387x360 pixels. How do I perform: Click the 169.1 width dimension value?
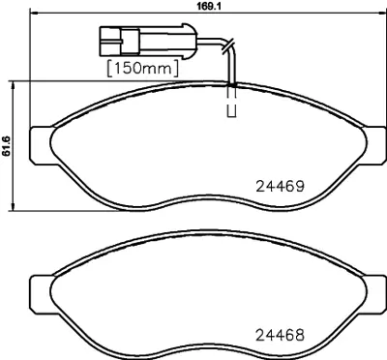(194, 5)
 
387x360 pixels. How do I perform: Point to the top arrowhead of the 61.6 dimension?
(13, 85)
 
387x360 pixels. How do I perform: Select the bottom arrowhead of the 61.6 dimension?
(13, 205)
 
